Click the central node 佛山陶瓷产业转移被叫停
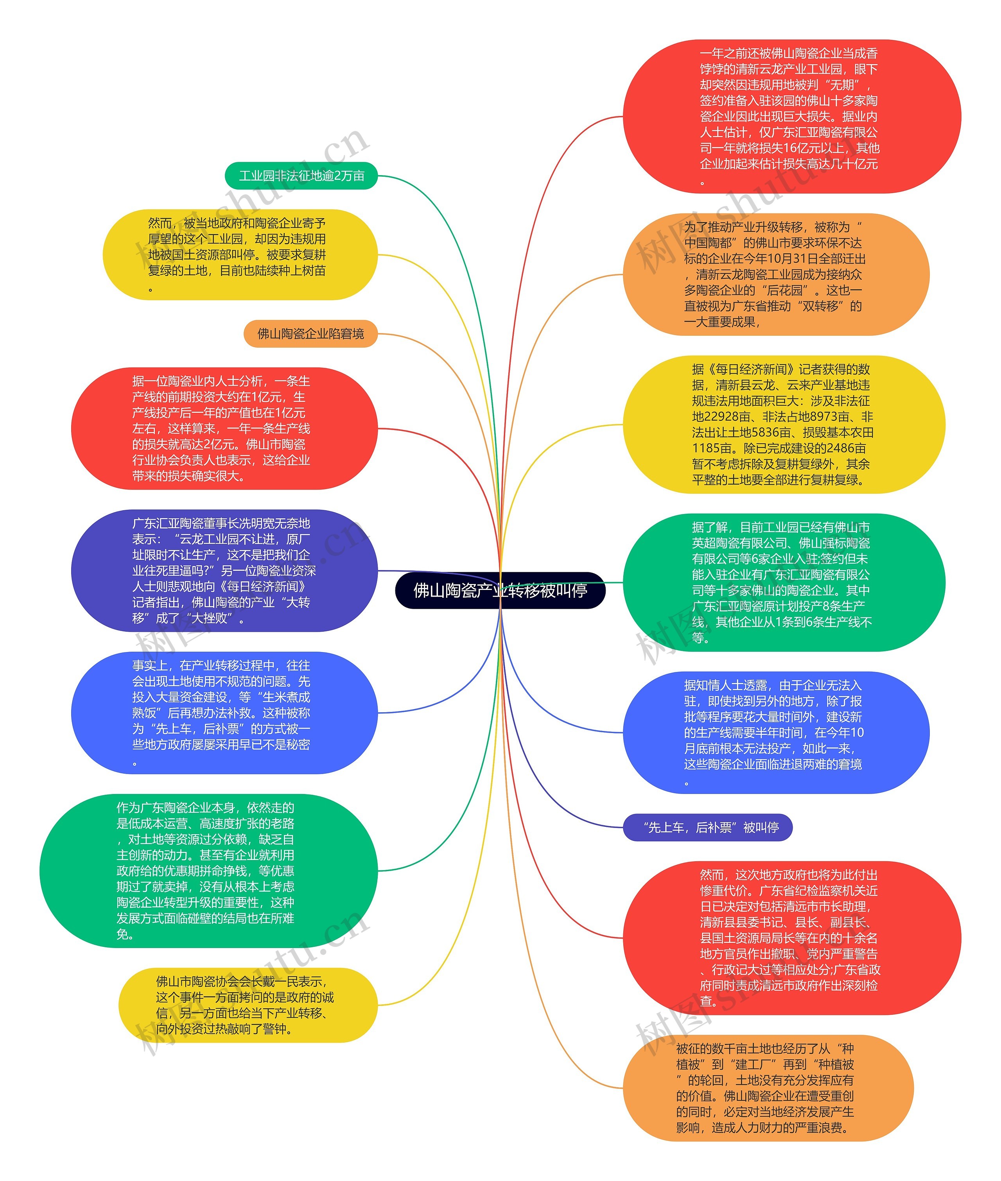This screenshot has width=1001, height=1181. [500, 590]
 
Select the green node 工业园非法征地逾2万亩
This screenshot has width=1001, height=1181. [301, 176]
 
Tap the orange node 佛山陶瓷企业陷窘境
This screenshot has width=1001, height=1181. [310, 333]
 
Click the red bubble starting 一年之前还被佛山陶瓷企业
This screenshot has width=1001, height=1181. [791, 116]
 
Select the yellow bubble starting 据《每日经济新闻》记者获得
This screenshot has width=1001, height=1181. [783, 424]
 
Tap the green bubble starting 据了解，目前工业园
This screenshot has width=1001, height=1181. [783, 582]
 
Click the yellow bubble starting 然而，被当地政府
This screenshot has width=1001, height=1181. [239, 255]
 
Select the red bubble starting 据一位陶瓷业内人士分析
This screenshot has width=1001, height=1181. [224, 428]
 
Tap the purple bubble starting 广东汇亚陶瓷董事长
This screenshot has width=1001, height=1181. [224, 571]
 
